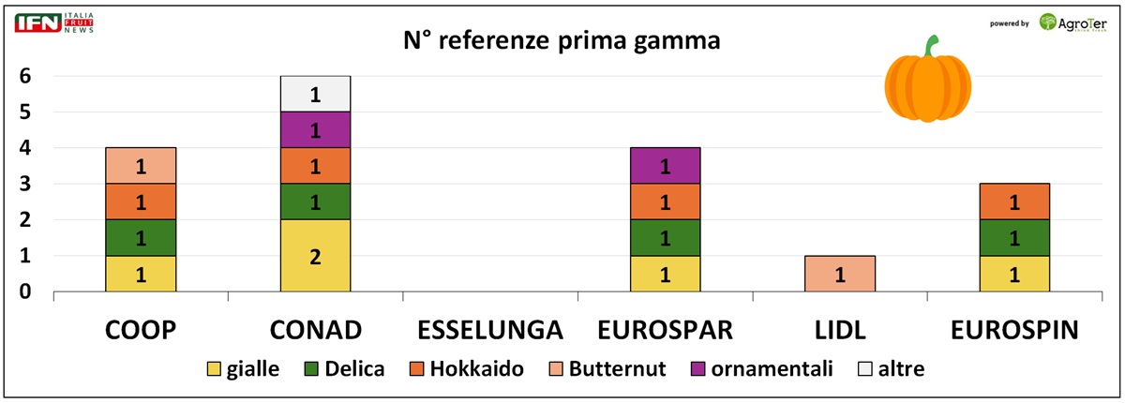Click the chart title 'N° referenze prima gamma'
[x=562, y=40]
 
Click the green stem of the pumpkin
[x=930, y=46]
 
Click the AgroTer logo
[x=1073, y=22]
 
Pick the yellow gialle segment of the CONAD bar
[x=315, y=256]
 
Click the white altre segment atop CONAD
[x=315, y=94]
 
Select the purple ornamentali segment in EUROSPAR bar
[x=665, y=166]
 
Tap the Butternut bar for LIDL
[x=840, y=274]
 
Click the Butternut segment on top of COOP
[x=141, y=166]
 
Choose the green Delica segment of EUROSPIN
[x=1014, y=238]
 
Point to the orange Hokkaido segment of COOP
[x=141, y=201]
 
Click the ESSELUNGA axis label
[x=489, y=330]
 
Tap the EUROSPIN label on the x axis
[x=1014, y=330]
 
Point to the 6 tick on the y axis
[x=25, y=77]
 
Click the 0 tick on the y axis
[x=25, y=291]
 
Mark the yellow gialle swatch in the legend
[x=212, y=369]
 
